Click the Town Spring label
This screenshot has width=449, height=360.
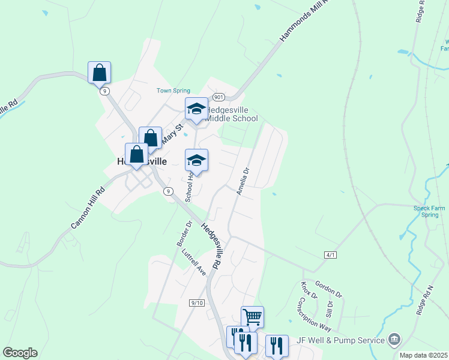[173, 91]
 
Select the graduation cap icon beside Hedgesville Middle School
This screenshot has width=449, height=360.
[196, 109]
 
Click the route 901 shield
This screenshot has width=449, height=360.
[218, 97]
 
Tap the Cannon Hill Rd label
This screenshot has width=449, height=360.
[88, 208]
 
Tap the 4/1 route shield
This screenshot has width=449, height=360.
[330, 255]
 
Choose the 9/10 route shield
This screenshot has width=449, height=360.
[197, 303]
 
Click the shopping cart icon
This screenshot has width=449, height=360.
[252, 316]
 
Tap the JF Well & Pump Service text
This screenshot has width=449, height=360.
[340, 340]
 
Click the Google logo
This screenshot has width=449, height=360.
[20, 353]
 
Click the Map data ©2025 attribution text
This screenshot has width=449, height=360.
[423, 355]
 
